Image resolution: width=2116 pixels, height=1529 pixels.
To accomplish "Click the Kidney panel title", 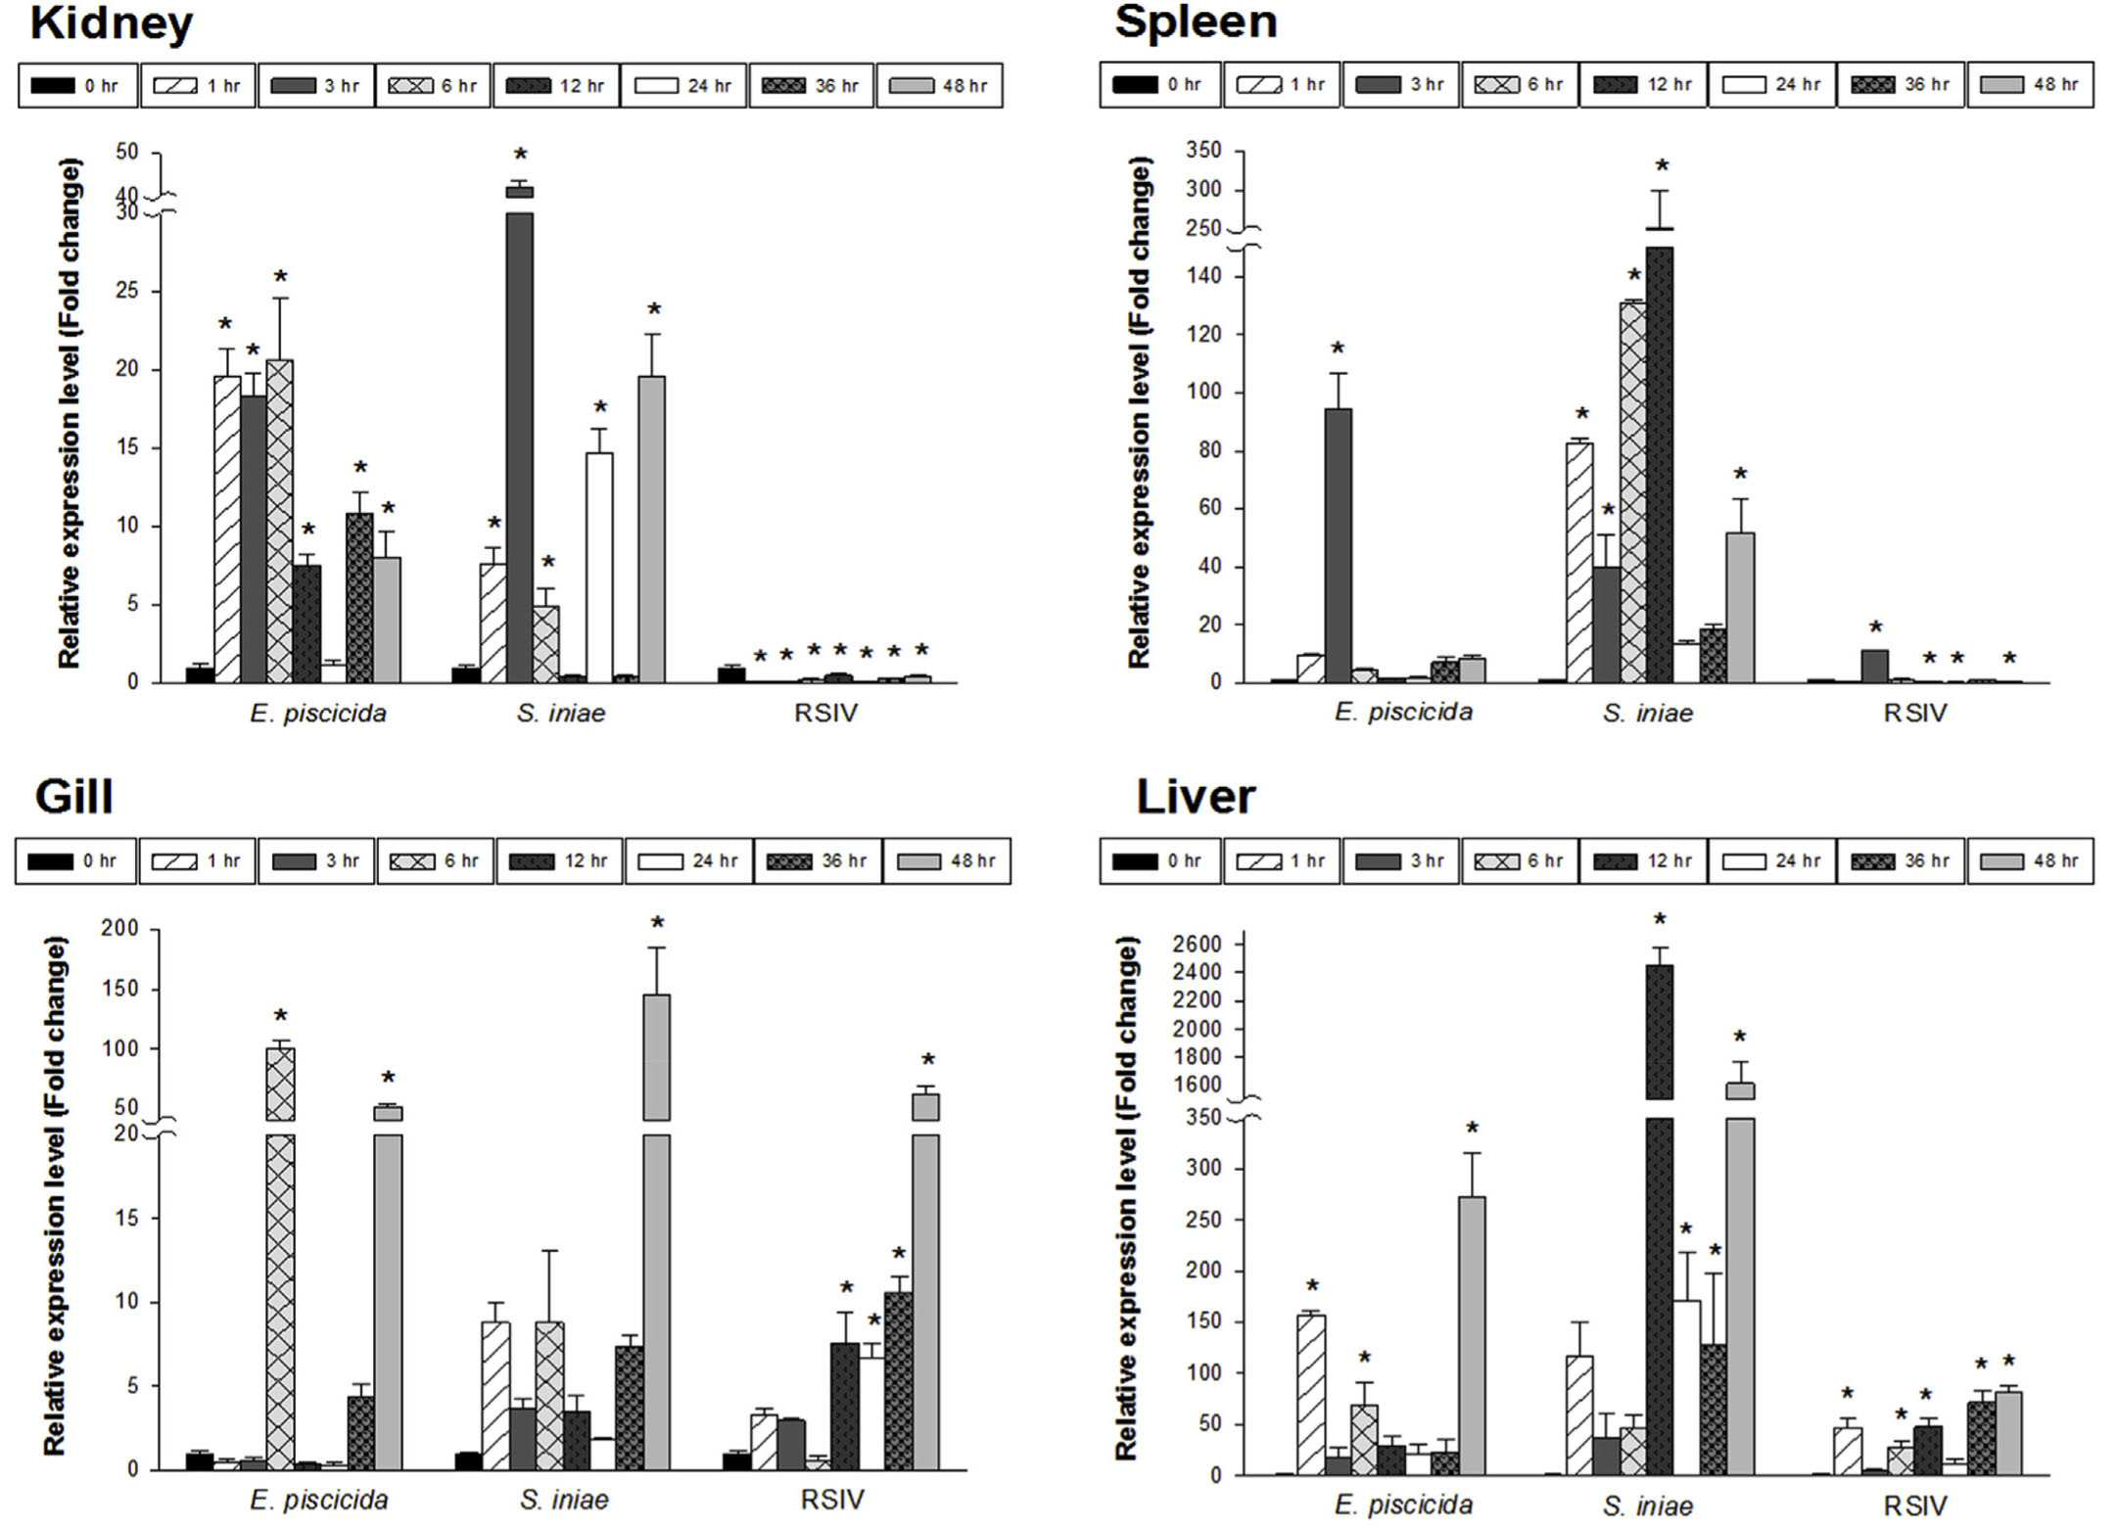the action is point(111,23).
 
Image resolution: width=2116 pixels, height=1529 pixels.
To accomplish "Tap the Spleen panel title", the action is point(1196,22).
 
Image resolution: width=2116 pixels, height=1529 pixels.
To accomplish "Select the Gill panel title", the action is point(74,796).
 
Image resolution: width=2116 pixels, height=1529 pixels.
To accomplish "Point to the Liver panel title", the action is point(1195,797).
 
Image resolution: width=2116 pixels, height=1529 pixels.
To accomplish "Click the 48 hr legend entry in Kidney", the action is point(939,86).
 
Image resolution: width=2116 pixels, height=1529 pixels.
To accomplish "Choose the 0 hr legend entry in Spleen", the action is point(1159,84).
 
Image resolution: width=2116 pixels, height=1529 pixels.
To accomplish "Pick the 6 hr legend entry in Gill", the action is point(435,861).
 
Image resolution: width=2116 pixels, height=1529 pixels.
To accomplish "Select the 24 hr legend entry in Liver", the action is point(1771,861).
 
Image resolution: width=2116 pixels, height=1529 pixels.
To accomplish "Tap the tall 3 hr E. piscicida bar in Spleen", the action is point(1338,545).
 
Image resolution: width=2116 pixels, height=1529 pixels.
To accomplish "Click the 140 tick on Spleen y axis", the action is point(1203,276).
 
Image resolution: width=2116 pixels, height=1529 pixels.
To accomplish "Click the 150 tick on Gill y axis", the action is point(120,989).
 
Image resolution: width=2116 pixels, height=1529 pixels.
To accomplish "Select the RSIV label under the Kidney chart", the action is point(825,713).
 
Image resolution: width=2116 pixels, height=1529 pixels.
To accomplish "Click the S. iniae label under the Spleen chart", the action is point(1648,713).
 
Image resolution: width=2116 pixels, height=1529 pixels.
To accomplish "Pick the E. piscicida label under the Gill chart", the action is point(319,1500).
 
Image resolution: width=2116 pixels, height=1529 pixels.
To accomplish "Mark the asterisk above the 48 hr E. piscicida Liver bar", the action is point(1472,1130).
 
